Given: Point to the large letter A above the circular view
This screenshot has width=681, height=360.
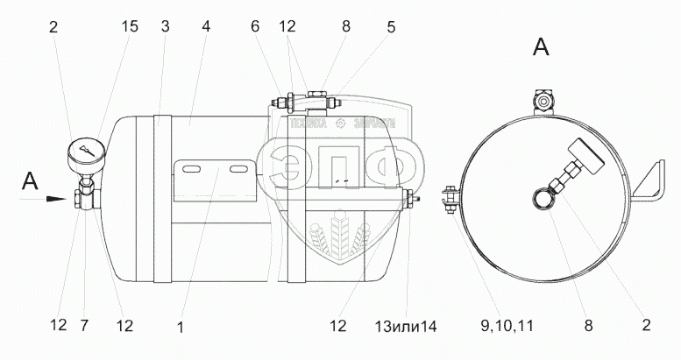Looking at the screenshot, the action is tap(543, 48).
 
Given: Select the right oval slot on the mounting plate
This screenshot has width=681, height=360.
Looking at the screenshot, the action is tap(236, 168).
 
